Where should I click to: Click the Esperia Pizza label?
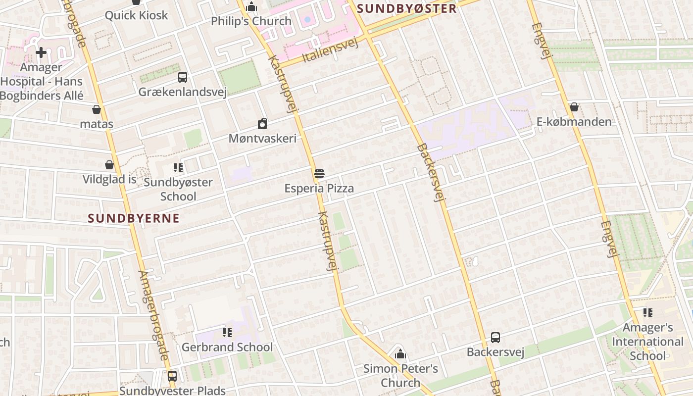(319, 189)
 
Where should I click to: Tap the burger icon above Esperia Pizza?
(319, 174)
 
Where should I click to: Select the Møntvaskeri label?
(262, 138)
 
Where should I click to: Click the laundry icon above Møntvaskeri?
(262, 124)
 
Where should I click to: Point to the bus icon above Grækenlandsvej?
(183, 77)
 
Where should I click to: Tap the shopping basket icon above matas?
(97, 109)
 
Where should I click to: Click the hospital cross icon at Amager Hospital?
(41, 52)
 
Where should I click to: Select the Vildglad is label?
(109, 179)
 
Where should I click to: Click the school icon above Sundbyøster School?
(178, 168)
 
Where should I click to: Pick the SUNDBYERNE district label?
(134, 218)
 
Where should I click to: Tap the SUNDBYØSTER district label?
(406, 9)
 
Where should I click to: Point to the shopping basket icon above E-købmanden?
(574, 107)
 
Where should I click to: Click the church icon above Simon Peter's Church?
(400, 354)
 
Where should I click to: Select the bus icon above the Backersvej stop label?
(495, 338)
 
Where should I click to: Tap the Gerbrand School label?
(227, 347)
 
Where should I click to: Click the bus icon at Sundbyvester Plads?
(172, 376)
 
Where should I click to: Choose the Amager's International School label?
(647, 342)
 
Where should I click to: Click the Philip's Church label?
(251, 21)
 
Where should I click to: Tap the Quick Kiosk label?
(136, 15)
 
